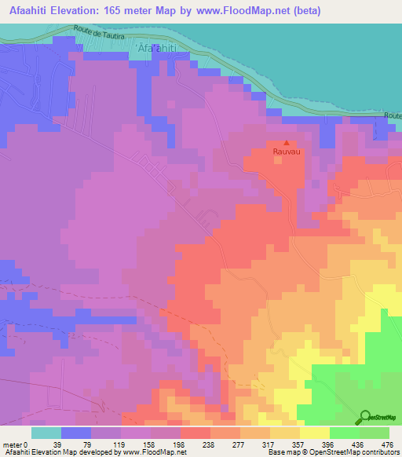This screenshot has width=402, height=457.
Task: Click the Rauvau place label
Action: pyautogui.click(x=286, y=154)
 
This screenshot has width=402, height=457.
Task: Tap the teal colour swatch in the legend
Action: pyautogui.click(x=46, y=433)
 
